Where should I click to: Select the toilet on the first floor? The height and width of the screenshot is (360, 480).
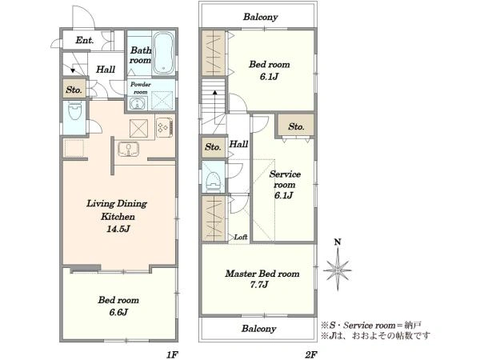coord(74,111)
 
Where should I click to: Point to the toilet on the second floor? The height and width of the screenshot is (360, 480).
coord(214,182)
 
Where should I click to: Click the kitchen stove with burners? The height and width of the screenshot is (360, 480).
coord(165,126)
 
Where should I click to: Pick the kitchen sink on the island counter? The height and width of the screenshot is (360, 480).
coord(129,149)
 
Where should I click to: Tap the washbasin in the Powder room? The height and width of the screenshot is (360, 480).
coord(137,104)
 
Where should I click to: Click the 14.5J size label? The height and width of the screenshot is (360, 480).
coord(118,229)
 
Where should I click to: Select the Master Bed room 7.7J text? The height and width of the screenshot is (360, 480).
coord(262,279)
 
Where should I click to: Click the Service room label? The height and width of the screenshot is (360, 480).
coord(285,179)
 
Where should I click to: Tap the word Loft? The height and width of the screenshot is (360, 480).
coord(241,237)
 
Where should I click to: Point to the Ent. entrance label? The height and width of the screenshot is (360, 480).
coord(85,40)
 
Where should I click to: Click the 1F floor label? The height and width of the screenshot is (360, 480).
coord(172,354)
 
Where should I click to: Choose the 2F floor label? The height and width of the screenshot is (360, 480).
coord(310,354)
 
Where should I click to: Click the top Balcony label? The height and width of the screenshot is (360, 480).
coord(261,17)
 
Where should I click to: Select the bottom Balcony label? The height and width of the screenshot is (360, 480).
coord(258,329)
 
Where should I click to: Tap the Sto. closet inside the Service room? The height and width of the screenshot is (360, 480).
coord(296,126)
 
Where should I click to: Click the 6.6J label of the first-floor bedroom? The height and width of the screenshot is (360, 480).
coord(118,312)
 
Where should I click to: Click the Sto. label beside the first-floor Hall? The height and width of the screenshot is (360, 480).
coord(74,90)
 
